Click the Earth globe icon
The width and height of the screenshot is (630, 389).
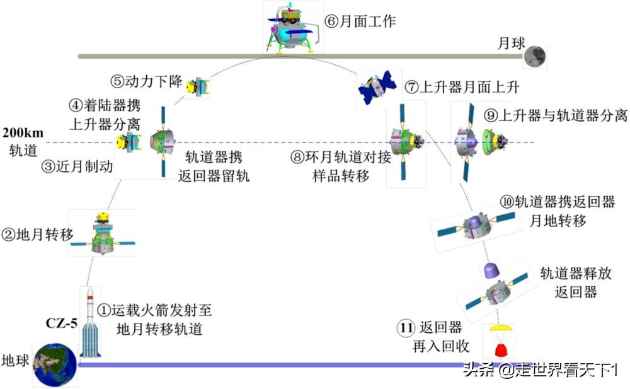coord(55,365)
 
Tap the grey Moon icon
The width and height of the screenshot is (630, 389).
coord(534,55)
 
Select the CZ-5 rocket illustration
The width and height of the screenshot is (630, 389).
coord(90,323)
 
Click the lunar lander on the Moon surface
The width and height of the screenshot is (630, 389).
coord(292,29)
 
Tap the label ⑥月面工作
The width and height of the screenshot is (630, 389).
coord(360,21)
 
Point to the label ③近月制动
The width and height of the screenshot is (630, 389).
coord(77,166)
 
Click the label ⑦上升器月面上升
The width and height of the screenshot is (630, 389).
coord(463,88)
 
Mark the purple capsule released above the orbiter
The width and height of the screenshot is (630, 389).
coord(492,270)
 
